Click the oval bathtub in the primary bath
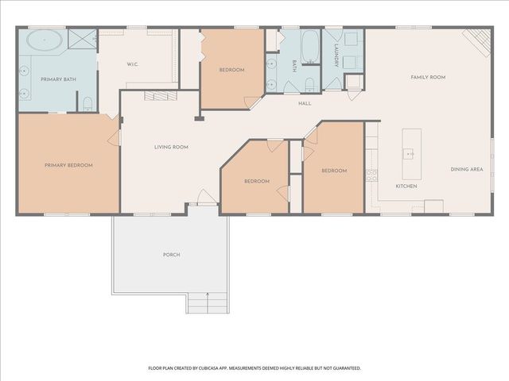(45, 40)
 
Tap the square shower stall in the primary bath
(83, 39)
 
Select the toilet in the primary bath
(87, 104)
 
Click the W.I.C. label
(133, 64)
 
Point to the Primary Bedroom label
(69, 165)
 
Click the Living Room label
(171, 147)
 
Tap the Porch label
(172, 255)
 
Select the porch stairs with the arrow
(207, 303)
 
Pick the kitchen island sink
(408, 154)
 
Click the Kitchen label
(406, 187)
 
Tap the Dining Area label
(467, 169)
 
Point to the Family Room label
(428, 77)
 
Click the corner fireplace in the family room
(478, 41)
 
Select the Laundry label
(336, 56)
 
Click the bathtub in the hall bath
(310, 47)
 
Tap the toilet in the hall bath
(309, 84)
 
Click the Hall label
(305, 103)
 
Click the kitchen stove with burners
(371, 175)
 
